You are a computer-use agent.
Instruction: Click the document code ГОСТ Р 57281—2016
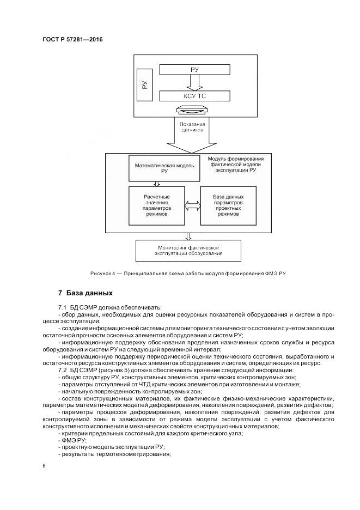click(72, 40)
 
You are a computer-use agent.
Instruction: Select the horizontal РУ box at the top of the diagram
click(194, 70)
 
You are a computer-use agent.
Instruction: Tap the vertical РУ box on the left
click(144, 85)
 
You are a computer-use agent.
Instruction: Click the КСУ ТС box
click(194, 96)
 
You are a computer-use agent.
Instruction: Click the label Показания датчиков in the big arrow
click(192, 128)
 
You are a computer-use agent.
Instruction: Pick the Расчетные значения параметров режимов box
click(157, 205)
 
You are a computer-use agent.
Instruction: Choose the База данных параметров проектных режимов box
click(228, 205)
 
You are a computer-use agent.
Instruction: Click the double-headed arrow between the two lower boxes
click(192, 206)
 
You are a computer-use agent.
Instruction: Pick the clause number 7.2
click(62, 370)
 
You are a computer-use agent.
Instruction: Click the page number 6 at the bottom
click(44, 466)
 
